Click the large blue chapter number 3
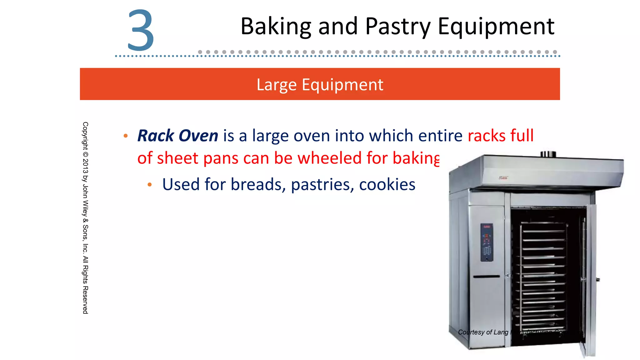(141, 30)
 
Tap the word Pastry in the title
(398, 27)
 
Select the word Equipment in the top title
(496, 27)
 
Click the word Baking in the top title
(276, 27)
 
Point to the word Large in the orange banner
(276, 85)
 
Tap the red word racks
(487, 136)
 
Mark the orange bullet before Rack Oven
(126, 136)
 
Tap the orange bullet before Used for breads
(150, 185)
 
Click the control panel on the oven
(487, 242)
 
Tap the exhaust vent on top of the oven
(548, 154)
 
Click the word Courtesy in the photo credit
(471, 332)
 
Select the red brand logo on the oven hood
(503, 178)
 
